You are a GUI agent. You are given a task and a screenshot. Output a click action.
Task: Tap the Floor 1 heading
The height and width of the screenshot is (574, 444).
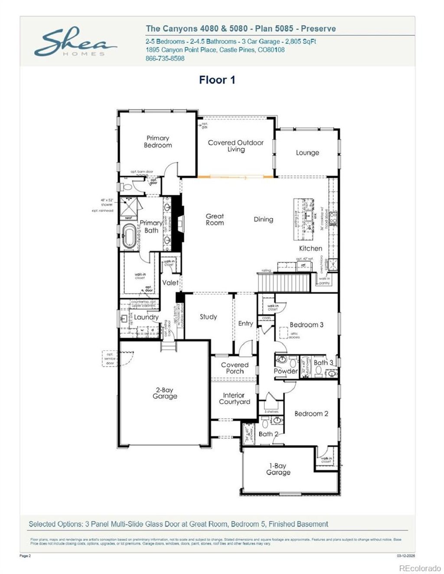217,80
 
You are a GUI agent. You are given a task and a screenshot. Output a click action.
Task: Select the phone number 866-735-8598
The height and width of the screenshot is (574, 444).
165,58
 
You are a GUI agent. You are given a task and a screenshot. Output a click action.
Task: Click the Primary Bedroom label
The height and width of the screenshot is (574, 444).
158,142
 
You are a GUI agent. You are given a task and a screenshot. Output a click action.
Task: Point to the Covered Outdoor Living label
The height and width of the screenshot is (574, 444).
235,146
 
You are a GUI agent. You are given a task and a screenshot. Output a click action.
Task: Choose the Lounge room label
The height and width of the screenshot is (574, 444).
307,153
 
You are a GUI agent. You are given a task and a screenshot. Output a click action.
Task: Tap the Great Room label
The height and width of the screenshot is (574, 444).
215,219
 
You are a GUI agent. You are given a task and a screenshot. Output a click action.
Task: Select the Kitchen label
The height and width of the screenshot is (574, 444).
310,248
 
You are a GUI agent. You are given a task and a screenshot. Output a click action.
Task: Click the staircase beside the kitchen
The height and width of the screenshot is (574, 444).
284,283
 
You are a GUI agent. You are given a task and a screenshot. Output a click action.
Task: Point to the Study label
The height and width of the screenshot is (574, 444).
208,317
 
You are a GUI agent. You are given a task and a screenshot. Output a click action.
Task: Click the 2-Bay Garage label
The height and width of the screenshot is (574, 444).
165,393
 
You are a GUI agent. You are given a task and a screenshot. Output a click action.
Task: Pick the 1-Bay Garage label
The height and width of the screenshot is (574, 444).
278,469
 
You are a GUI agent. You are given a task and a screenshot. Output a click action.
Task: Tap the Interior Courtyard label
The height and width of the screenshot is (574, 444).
234,399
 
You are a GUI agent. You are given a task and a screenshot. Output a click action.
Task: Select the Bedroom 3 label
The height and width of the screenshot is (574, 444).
307,325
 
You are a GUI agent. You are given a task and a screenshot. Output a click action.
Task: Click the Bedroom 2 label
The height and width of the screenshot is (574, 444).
311,414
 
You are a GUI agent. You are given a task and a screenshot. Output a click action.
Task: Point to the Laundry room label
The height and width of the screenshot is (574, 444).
146,317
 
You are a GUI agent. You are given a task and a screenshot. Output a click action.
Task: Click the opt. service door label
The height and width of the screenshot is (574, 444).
110,359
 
